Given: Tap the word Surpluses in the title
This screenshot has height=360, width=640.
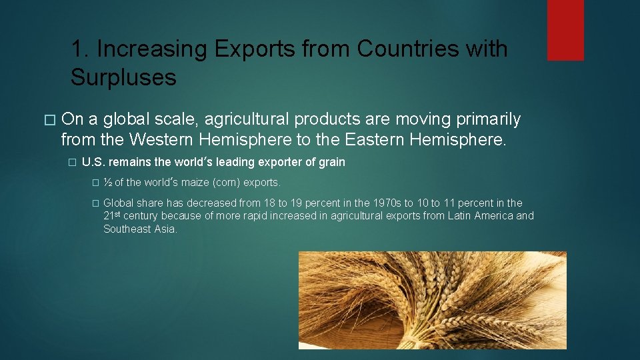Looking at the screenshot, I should click(x=123, y=78).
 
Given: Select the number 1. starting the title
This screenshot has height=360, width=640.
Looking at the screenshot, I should click(x=80, y=49).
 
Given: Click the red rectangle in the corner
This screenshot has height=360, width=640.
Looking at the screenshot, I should click(x=565, y=30).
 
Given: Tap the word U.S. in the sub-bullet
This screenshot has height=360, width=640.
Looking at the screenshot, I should click(x=93, y=162).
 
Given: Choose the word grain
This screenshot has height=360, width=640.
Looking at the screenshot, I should click(x=332, y=162).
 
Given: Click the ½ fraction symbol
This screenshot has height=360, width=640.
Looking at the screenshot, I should click(x=108, y=183).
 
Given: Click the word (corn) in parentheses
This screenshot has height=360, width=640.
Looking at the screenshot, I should click(x=226, y=183).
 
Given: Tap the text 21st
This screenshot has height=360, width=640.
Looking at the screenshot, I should click(x=111, y=215).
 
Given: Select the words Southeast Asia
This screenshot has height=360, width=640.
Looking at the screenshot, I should click(x=140, y=229).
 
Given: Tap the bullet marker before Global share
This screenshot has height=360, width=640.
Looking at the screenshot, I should click(x=95, y=203).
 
